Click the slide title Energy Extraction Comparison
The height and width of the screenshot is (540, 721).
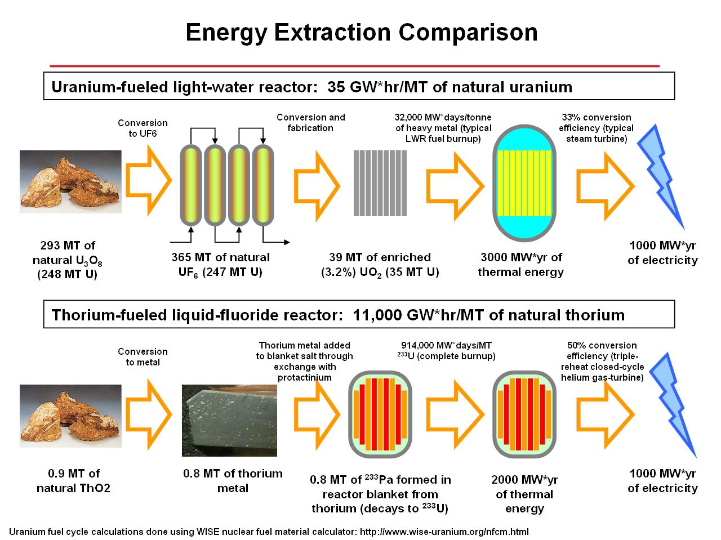[361, 33]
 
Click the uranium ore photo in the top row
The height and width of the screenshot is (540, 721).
[70, 181]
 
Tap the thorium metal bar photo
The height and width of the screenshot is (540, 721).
[229, 420]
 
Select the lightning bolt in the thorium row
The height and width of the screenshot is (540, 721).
[673, 404]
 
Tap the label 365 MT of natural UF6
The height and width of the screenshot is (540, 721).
[221, 265]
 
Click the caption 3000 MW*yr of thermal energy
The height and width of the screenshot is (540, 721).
[520, 265]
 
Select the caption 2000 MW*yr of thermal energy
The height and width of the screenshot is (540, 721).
[524, 494]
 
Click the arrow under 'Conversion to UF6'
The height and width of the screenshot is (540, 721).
[148, 180]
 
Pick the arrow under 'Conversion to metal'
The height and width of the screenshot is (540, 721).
[148, 411]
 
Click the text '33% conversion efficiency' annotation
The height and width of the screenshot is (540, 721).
[596, 128]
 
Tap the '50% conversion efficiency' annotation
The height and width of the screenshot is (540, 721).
[602, 361]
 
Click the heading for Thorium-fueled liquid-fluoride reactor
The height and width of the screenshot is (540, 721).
[338, 314]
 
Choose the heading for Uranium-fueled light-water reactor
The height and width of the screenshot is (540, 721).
[311, 87]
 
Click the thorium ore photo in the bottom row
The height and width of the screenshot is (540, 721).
[70, 416]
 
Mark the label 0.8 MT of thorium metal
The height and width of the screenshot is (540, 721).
[233, 480]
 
